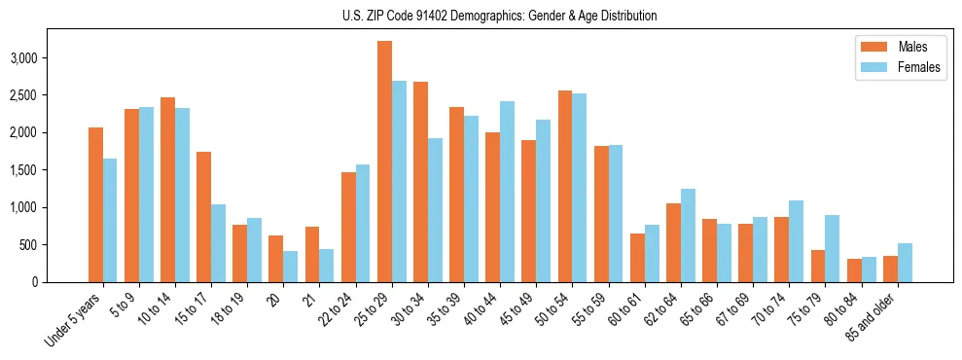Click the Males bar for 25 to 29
pyautogui.click(x=384, y=162)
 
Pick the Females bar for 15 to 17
pyautogui.click(x=219, y=243)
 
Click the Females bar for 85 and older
pyautogui.click(x=905, y=263)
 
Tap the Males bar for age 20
pyautogui.click(x=276, y=259)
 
